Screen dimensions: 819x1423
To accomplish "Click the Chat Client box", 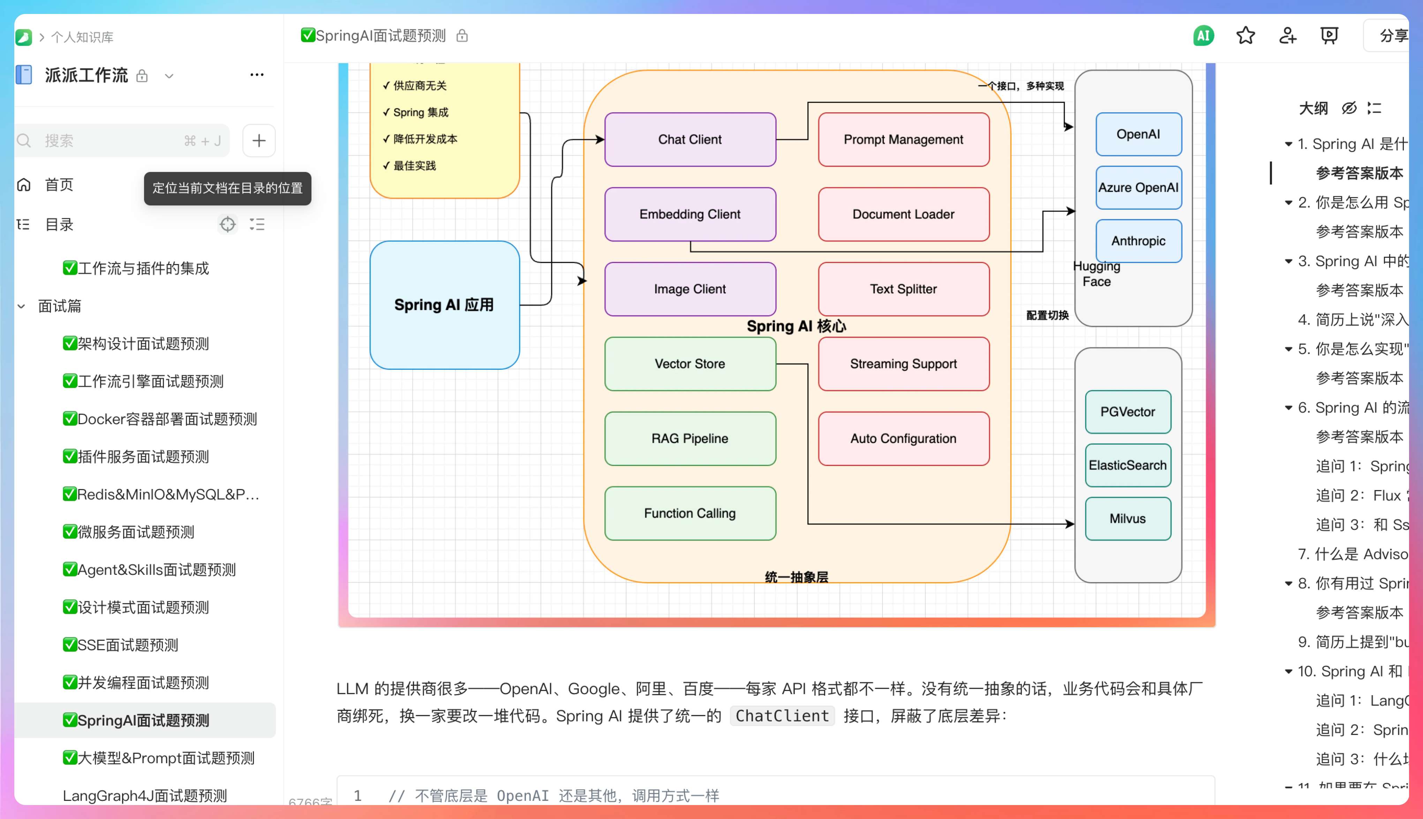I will tap(690, 140).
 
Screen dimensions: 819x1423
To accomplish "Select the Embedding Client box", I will tap(690, 214).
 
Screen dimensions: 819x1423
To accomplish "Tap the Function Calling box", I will tap(690, 513).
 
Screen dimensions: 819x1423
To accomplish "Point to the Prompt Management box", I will tap(903, 140).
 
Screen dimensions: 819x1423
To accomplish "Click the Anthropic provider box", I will tap(1138, 241).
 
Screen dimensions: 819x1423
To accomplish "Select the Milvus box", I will tap(1128, 519).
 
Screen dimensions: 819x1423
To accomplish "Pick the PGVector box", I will tap(1128, 412).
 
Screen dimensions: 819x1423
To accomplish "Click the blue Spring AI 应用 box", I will tap(444, 305).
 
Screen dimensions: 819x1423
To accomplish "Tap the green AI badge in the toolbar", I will tap(1203, 36).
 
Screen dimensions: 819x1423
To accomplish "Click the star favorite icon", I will tap(1245, 36).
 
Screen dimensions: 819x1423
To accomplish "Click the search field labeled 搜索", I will tap(113, 141).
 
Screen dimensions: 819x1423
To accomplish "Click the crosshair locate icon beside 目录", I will tap(227, 224).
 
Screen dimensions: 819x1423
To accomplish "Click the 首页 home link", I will tap(59, 185).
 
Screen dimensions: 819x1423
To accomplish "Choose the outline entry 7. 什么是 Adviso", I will tap(1352, 554).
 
